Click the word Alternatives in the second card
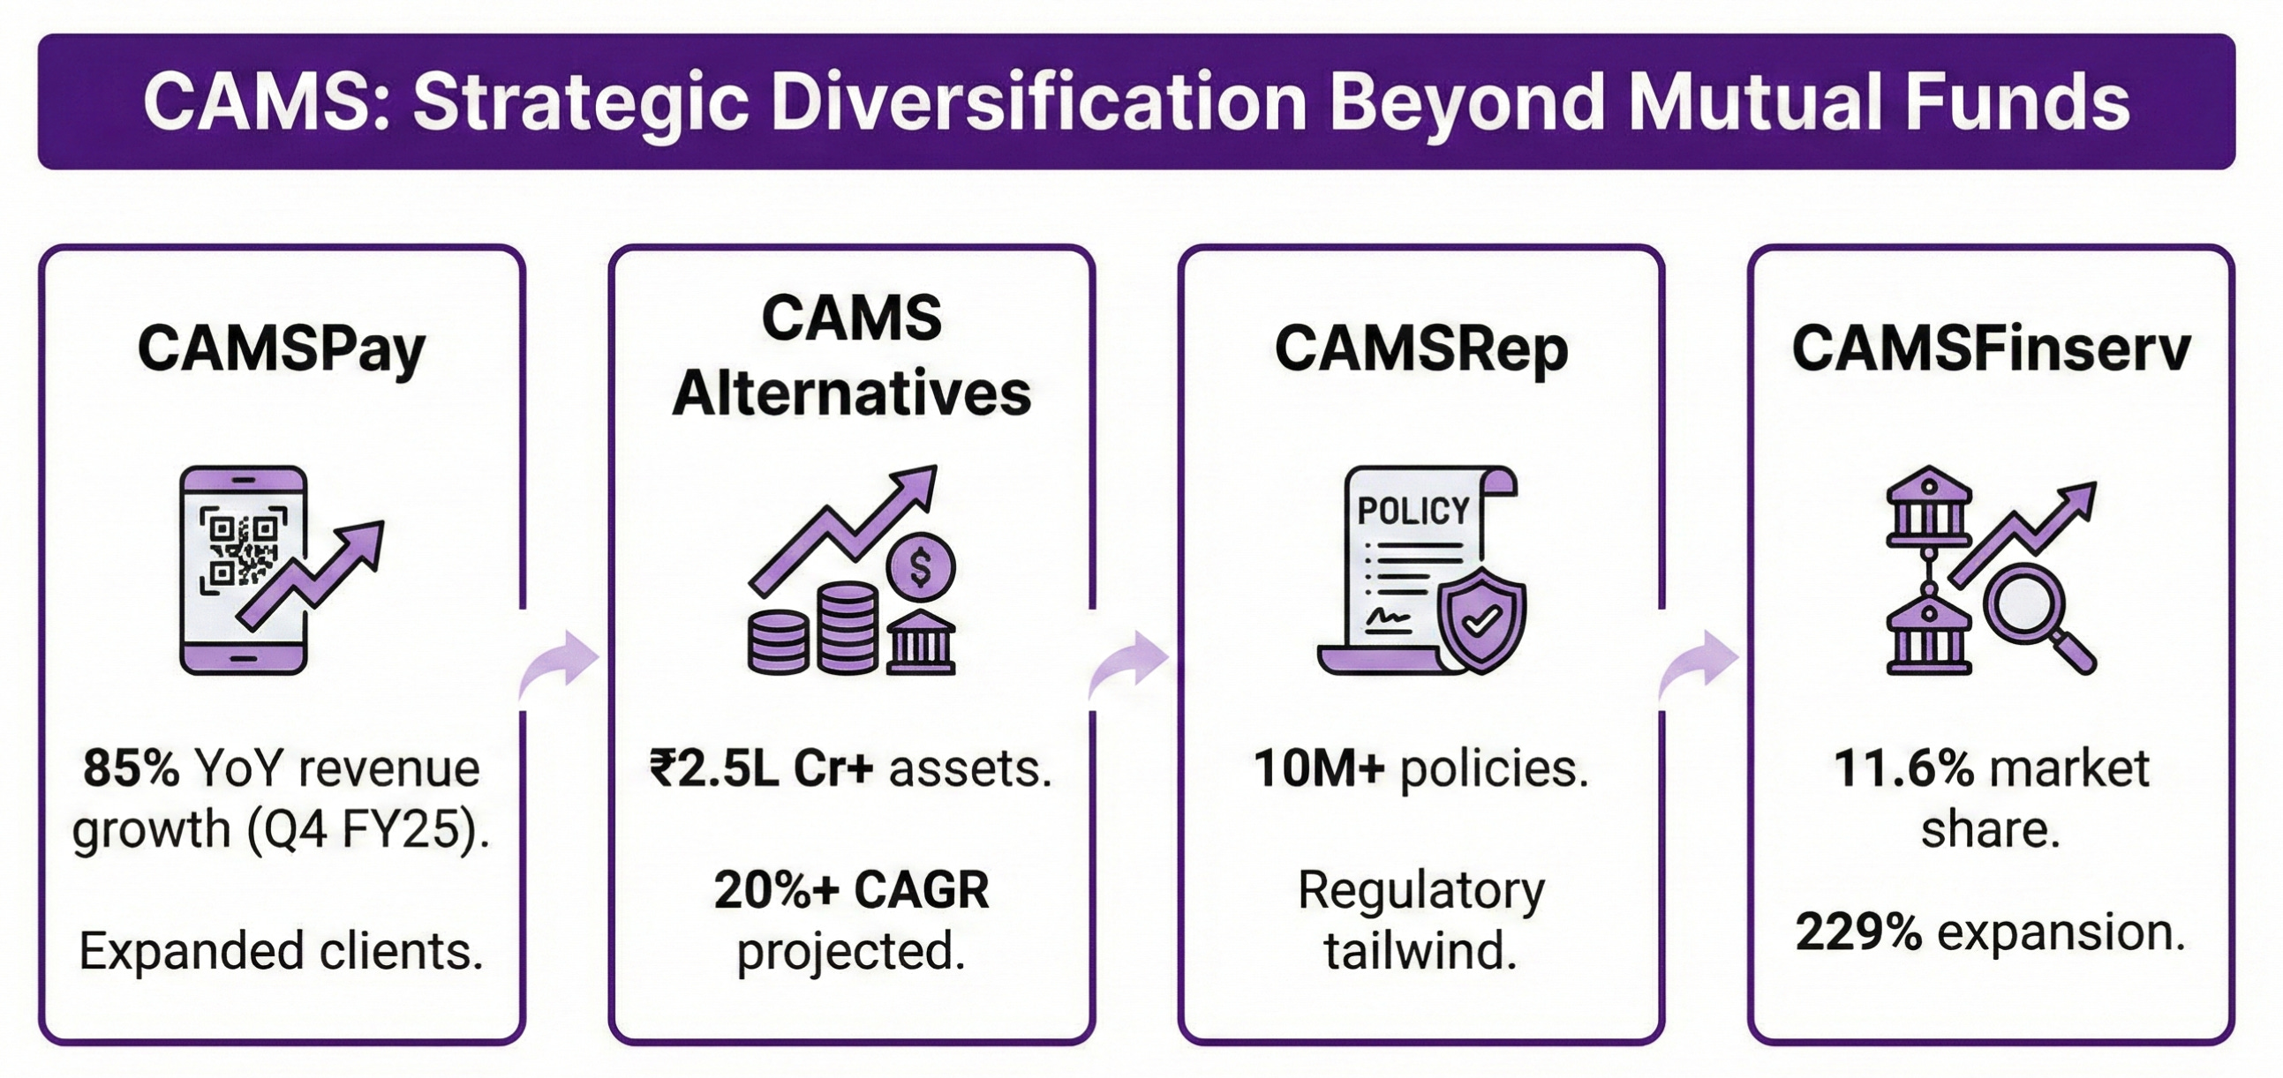click(x=852, y=394)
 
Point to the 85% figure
click(x=132, y=768)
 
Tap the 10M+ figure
click(x=1318, y=768)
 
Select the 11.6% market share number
click(x=1902, y=768)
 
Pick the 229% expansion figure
click(x=1858, y=932)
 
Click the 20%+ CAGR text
click(x=852, y=890)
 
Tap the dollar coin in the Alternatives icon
click(x=921, y=568)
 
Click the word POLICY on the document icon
click(x=1413, y=511)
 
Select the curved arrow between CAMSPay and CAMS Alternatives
click(x=561, y=666)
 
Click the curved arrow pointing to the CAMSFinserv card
click(x=1699, y=666)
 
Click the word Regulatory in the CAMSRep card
click(x=1420, y=890)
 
